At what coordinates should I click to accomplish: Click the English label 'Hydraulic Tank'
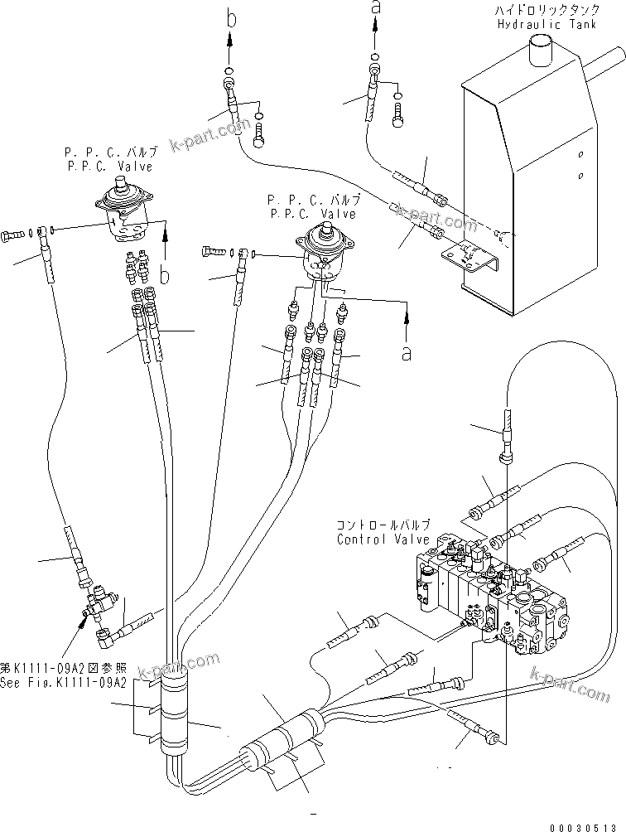tap(540, 24)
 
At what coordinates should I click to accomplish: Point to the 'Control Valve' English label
tap(383, 539)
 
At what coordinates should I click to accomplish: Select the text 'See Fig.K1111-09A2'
tap(64, 683)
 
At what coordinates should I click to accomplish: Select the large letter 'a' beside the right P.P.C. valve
tap(406, 352)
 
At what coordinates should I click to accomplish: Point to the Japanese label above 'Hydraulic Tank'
tap(540, 11)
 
